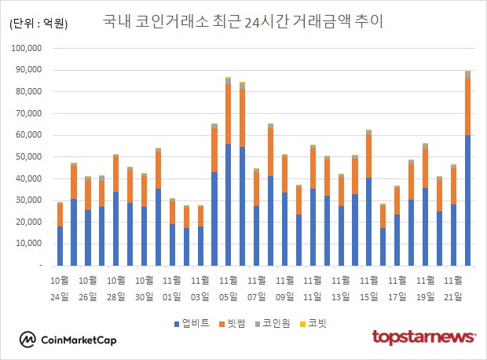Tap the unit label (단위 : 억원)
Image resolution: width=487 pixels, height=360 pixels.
click(x=38, y=24)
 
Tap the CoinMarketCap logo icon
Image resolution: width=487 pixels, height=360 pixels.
click(x=28, y=340)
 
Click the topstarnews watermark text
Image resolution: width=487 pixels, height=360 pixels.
click(x=423, y=338)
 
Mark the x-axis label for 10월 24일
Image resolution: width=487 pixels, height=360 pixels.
click(x=60, y=288)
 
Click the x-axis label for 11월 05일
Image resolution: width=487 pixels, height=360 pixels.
click(x=229, y=288)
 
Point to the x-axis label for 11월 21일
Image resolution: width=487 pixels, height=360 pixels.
click(x=453, y=288)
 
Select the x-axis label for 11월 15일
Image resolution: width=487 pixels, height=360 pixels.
click(x=368, y=288)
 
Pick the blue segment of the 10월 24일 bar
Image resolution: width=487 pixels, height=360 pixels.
click(x=60, y=246)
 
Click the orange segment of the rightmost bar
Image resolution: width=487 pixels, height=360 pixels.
click(x=467, y=106)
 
